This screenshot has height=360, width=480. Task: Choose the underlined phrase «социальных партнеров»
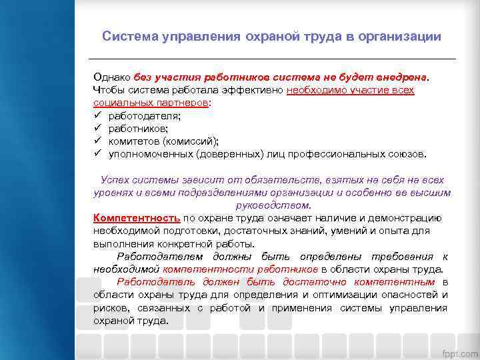pyautogui.click(x=151, y=104)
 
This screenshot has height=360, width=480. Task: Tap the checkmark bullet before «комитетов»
pyautogui.click(x=97, y=141)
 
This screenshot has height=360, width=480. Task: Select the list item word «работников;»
pyautogui.click(x=138, y=129)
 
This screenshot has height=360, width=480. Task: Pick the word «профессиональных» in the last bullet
pyautogui.click(x=318, y=154)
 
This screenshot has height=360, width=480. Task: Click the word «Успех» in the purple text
pyautogui.click(x=115, y=180)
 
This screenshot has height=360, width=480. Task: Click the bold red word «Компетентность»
pyautogui.click(x=137, y=217)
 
